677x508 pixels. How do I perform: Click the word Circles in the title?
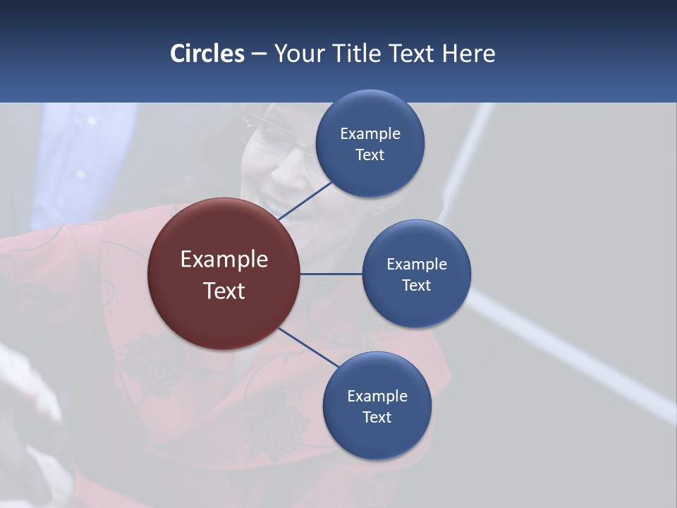[207, 54]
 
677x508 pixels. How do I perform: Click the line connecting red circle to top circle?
[305, 200]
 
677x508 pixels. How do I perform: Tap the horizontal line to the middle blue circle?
[331, 274]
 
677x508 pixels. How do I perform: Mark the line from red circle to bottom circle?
[307, 347]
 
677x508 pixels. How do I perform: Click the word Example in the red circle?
[224, 260]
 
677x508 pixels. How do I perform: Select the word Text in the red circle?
[224, 291]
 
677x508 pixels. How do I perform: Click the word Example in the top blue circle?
[370, 134]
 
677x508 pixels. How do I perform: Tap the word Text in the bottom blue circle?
[377, 417]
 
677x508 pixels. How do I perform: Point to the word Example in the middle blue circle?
[416, 265]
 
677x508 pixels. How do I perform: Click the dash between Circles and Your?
[259, 54]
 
